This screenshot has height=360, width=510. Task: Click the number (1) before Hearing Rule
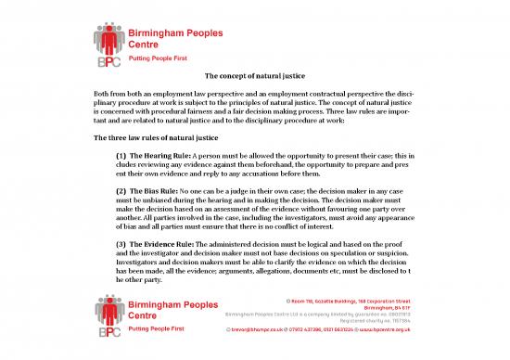click(121, 155)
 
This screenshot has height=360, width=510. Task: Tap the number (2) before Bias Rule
click(121, 189)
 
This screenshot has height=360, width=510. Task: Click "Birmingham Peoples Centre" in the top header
click(173, 36)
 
